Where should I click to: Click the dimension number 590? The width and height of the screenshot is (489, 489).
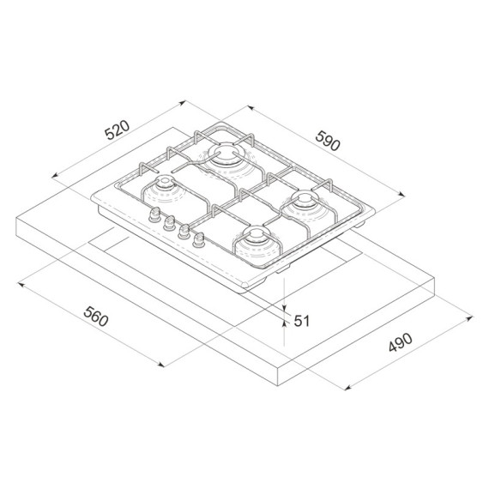pyautogui.click(x=329, y=140)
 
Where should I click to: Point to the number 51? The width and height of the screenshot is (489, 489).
pyautogui.click(x=301, y=321)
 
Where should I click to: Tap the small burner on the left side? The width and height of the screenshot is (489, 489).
pyautogui.click(x=162, y=188)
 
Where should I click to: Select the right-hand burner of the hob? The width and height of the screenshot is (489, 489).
pyautogui.click(x=305, y=202)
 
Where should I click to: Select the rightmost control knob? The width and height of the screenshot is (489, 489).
pyautogui.click(x=200, y=240)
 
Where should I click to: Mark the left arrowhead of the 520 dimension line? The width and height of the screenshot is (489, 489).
pyautogui.click(x=56, y=176)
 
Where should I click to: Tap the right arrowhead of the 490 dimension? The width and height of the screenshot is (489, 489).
pyautogui.click(x=472, y=318)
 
